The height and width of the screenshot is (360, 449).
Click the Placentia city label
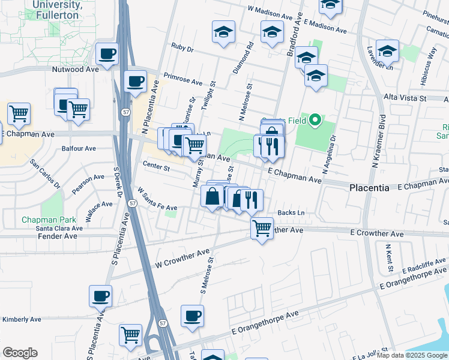click(x=369, y=188)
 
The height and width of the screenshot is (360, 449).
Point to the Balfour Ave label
click(x=79, y=148)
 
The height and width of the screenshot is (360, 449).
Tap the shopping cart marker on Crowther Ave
click(x=262, y=228)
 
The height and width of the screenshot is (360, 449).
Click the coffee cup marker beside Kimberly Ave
click(x=101, y=296)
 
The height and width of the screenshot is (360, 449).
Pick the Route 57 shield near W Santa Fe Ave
click(x=132, y=204)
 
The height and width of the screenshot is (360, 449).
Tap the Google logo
click(x=20, y=353)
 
